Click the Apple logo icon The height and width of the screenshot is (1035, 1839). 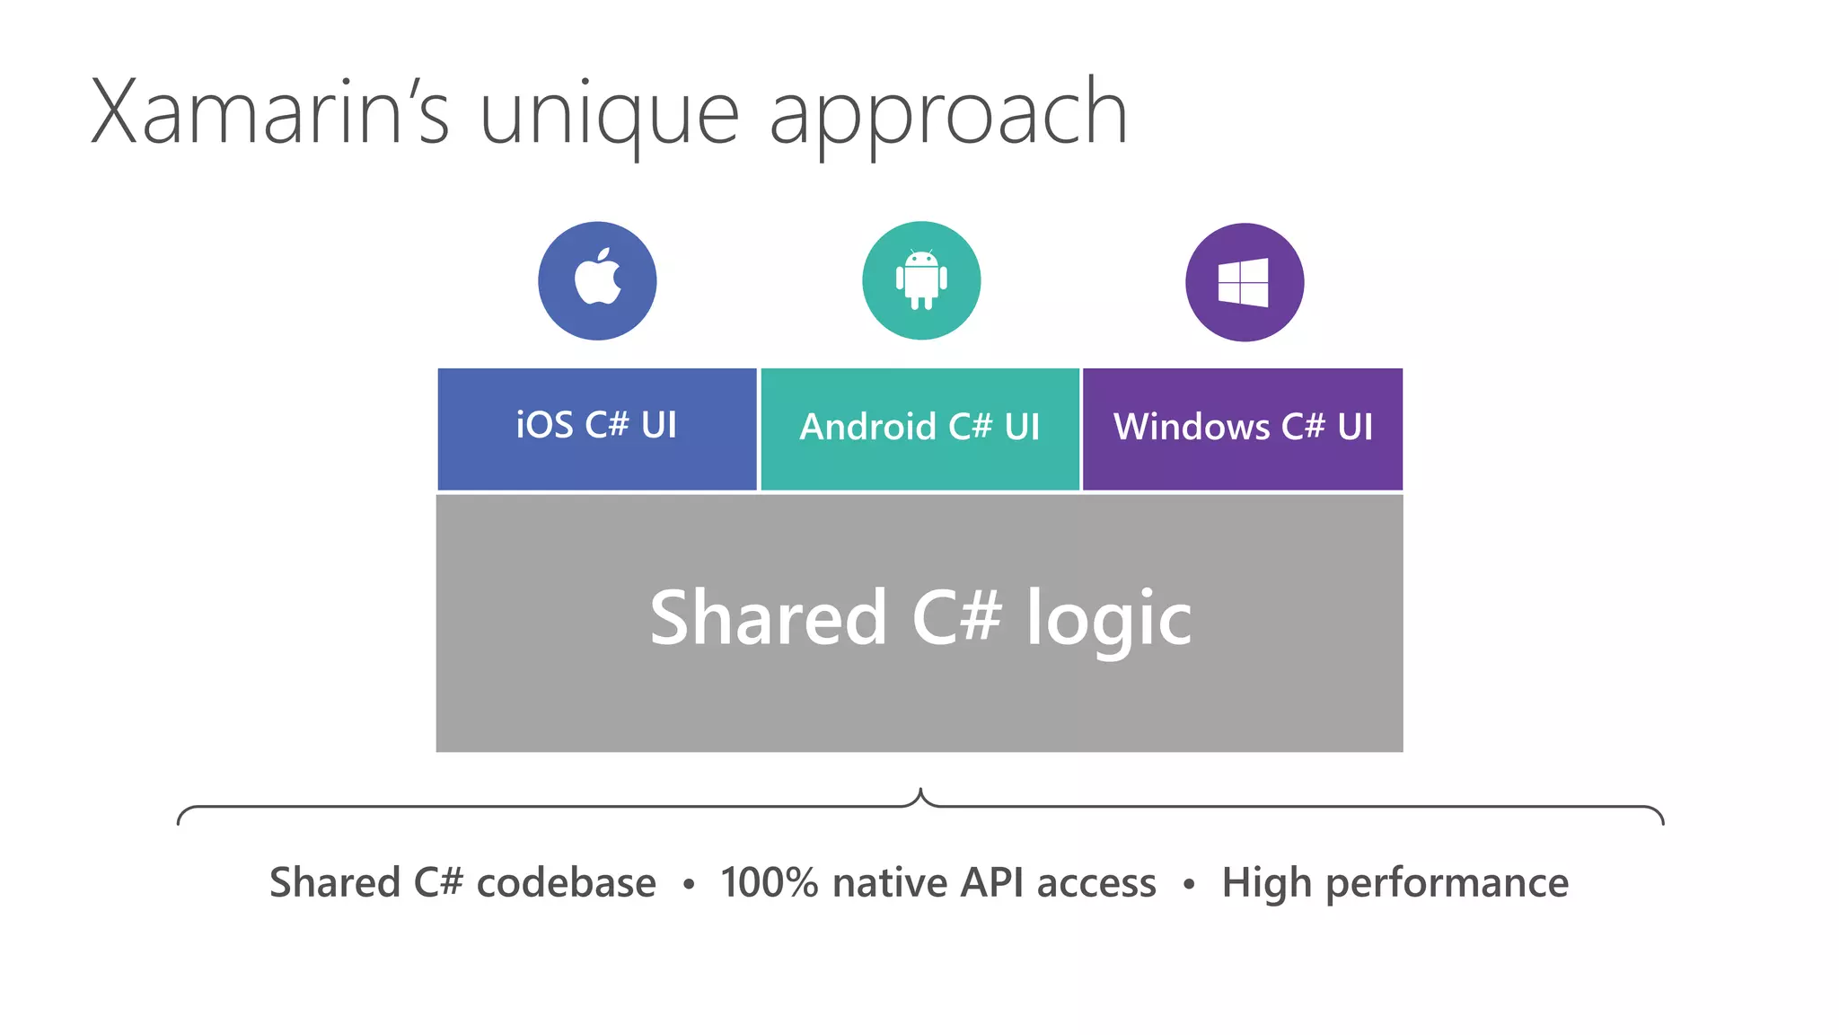tap(598, 279)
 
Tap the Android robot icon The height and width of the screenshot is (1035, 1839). tap(921, 279)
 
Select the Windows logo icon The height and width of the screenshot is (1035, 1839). tap(1244, 282)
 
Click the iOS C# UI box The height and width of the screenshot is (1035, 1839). tap(597, 429)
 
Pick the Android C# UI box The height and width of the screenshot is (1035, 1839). tap(919, 429)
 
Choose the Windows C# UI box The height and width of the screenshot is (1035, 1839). tap(1243, 429)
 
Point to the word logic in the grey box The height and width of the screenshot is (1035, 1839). tap(1109, 620)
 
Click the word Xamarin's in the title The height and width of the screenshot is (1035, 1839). tap(269, 112)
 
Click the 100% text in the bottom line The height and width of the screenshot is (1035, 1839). tap(769, 882)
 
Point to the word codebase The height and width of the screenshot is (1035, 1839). tap(566, 882)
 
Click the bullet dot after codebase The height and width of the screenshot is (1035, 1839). tap(689, 885)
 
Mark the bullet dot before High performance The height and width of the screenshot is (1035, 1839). tap(1189, 885)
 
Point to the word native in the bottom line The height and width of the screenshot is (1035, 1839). tap(890, 882)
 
